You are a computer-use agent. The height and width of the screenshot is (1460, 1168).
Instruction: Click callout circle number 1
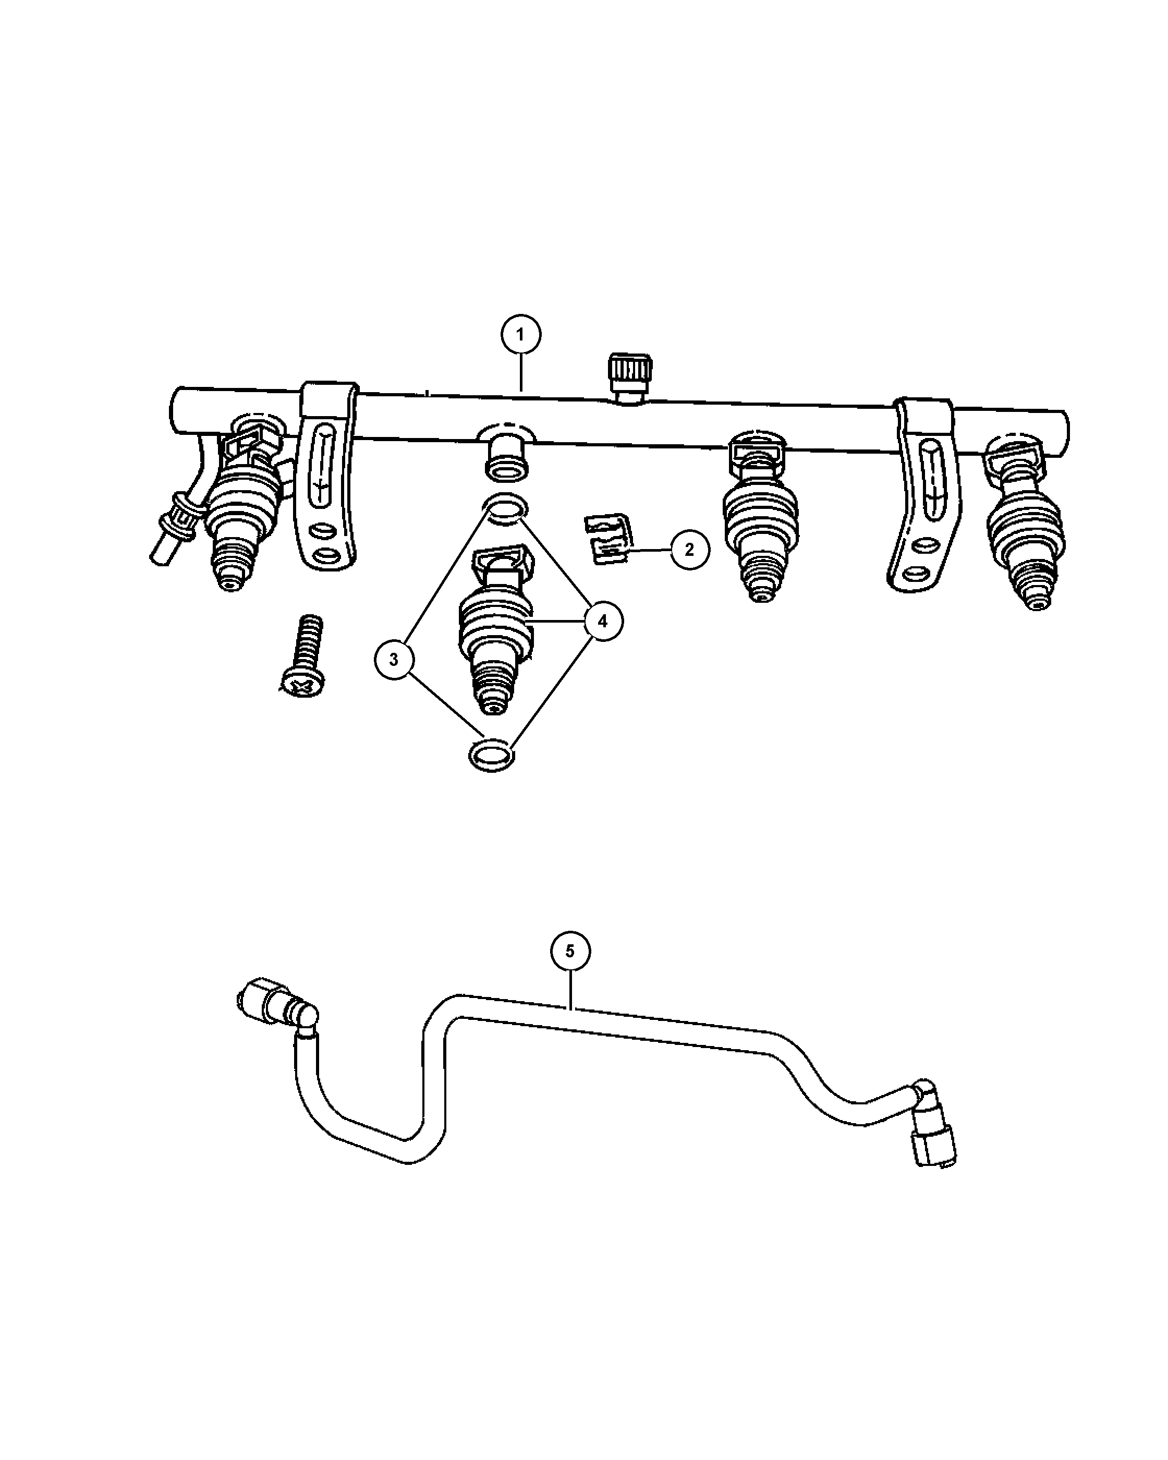(x=521, y=335)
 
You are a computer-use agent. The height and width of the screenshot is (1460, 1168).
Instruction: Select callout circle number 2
(x=689, y=549)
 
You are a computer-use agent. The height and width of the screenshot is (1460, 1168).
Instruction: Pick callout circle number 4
(x=603, y=621)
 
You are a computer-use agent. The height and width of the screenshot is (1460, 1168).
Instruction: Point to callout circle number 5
(x=570, y=952)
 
